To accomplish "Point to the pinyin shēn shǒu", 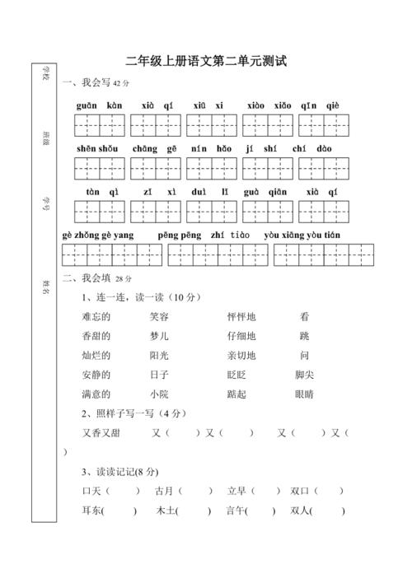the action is [x=98, y=149].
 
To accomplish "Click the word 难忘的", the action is [x=96, y=316].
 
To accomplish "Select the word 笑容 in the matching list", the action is [x=160, y=316].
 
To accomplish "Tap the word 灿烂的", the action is [x=96, y=356].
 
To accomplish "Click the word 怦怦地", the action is [x=241, y=316].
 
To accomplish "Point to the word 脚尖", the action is [x=304, y=375].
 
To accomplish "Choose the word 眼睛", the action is [x=304, y=394].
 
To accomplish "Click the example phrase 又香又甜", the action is [x=101, y=432].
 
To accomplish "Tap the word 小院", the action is [x=160, y=394].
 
